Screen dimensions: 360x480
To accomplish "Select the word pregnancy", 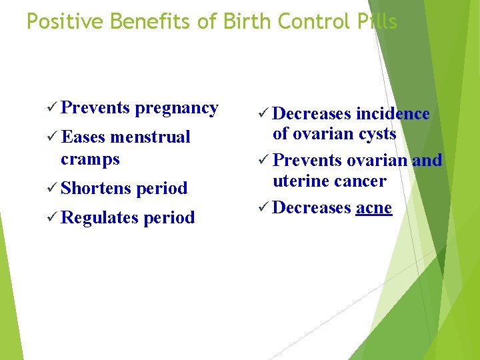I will pos(177,109).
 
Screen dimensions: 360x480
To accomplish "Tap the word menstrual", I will pos(150,137).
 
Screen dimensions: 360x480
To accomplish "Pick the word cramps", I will pos(90,159).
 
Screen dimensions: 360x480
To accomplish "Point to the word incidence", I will pos(393,114).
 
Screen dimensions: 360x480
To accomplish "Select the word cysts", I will pos(377,134).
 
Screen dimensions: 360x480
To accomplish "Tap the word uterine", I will pos(300,181).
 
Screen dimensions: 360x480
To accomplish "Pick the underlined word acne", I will pos(374,208).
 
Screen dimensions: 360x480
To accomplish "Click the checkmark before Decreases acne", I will pos(263,208).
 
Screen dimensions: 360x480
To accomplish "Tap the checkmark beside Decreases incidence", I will pos(263,114).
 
